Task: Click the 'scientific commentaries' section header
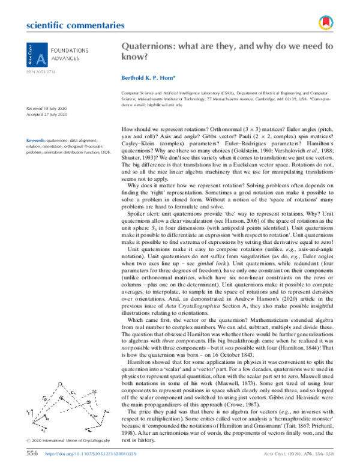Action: [67, 26]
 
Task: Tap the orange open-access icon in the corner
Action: [326, 23]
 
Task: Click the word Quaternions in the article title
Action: [146, 46]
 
